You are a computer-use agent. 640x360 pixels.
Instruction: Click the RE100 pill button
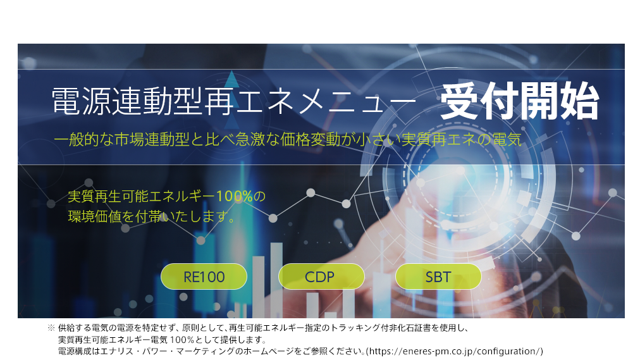[204, 276]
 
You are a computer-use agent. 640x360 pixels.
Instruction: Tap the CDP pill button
[321, 276]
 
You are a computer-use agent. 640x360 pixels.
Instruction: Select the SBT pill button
[438, 276]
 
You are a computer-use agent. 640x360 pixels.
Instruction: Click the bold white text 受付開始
[519, 101]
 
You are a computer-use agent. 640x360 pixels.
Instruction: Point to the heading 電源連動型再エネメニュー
[234, 101]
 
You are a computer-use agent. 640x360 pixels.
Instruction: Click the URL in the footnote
[457, 351]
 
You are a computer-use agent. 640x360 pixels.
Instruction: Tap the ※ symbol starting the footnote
[51, 328]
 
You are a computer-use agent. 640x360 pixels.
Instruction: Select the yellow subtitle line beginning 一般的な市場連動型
[288, 140]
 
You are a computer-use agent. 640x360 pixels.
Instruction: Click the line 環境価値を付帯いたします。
[152, 216]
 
